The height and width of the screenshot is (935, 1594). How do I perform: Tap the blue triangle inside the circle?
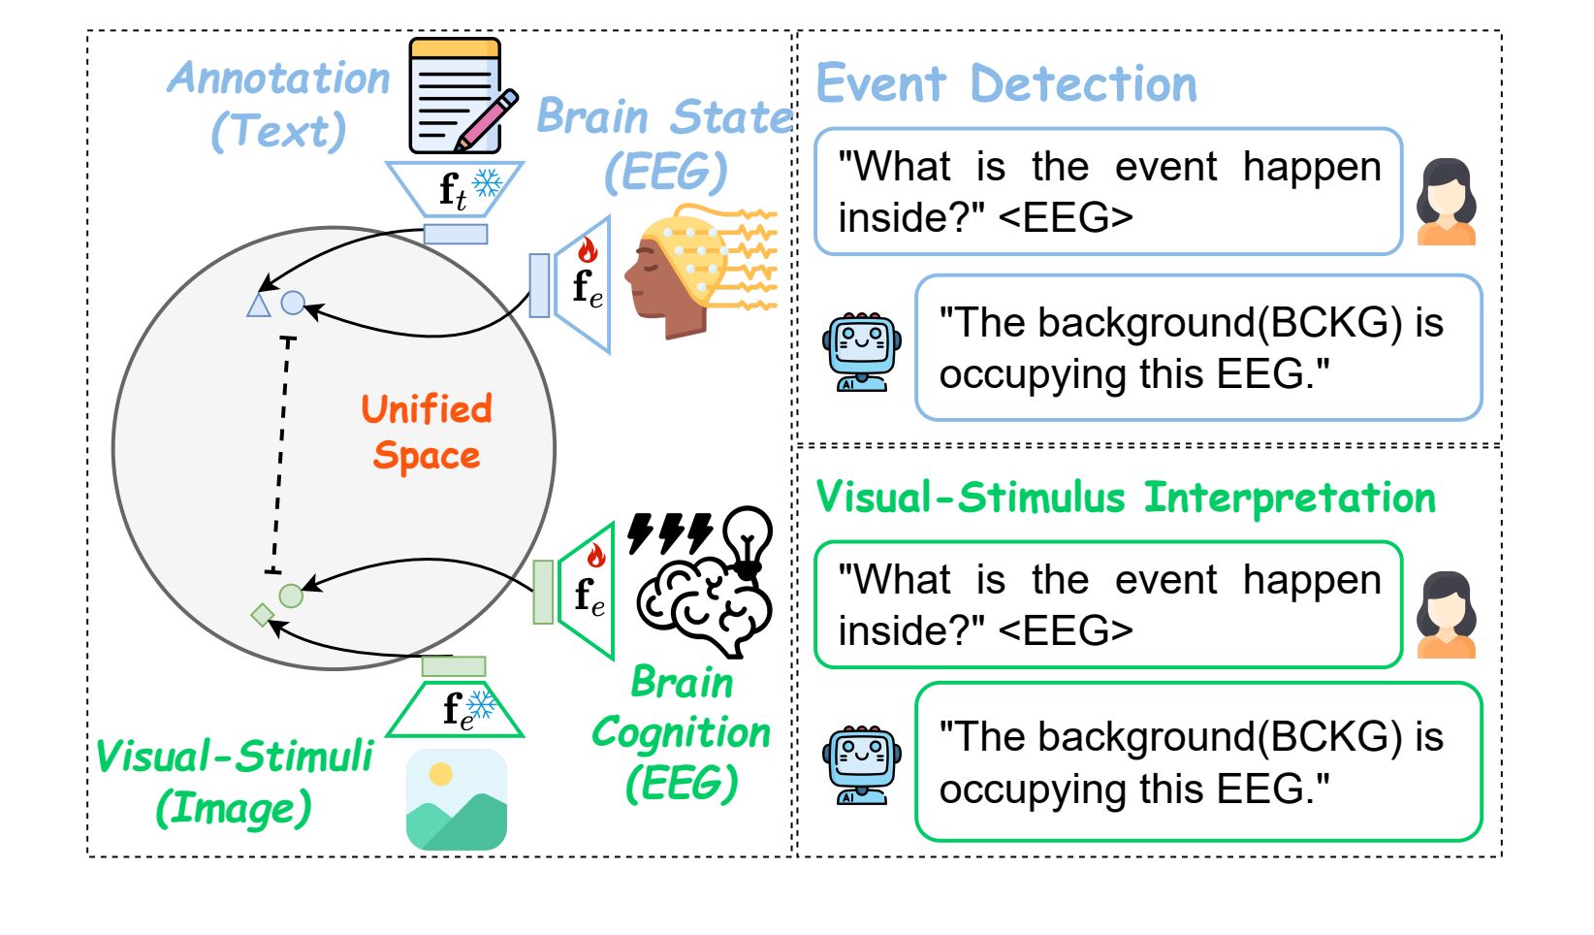click(258, 306)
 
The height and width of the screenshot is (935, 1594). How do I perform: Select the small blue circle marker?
click(293, 303)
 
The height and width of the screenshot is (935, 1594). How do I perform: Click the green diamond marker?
click(263, 615)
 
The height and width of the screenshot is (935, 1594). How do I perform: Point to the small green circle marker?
click(290, 596)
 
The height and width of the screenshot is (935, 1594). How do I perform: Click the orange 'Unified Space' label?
click(427, 432)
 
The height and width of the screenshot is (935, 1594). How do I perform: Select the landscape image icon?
click(456, 799)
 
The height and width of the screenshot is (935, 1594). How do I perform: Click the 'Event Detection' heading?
click(1006, 84)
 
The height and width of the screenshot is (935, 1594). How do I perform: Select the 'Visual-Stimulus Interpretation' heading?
click(1126, 497)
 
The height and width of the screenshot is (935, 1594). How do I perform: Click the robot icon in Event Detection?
click(861, 351)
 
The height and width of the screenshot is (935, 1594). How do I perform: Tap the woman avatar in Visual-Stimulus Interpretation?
click(1446, 615)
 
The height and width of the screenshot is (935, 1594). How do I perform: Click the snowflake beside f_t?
click(488, 183)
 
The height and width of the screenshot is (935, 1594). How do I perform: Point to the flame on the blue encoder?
click(588, 250)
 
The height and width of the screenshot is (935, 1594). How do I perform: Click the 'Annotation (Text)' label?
click(278, 106)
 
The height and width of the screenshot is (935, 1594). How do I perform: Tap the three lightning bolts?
click(670, 532)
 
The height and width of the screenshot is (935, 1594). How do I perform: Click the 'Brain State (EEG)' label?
click(664, 145)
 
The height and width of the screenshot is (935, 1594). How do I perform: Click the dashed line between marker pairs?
click(280, 454)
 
